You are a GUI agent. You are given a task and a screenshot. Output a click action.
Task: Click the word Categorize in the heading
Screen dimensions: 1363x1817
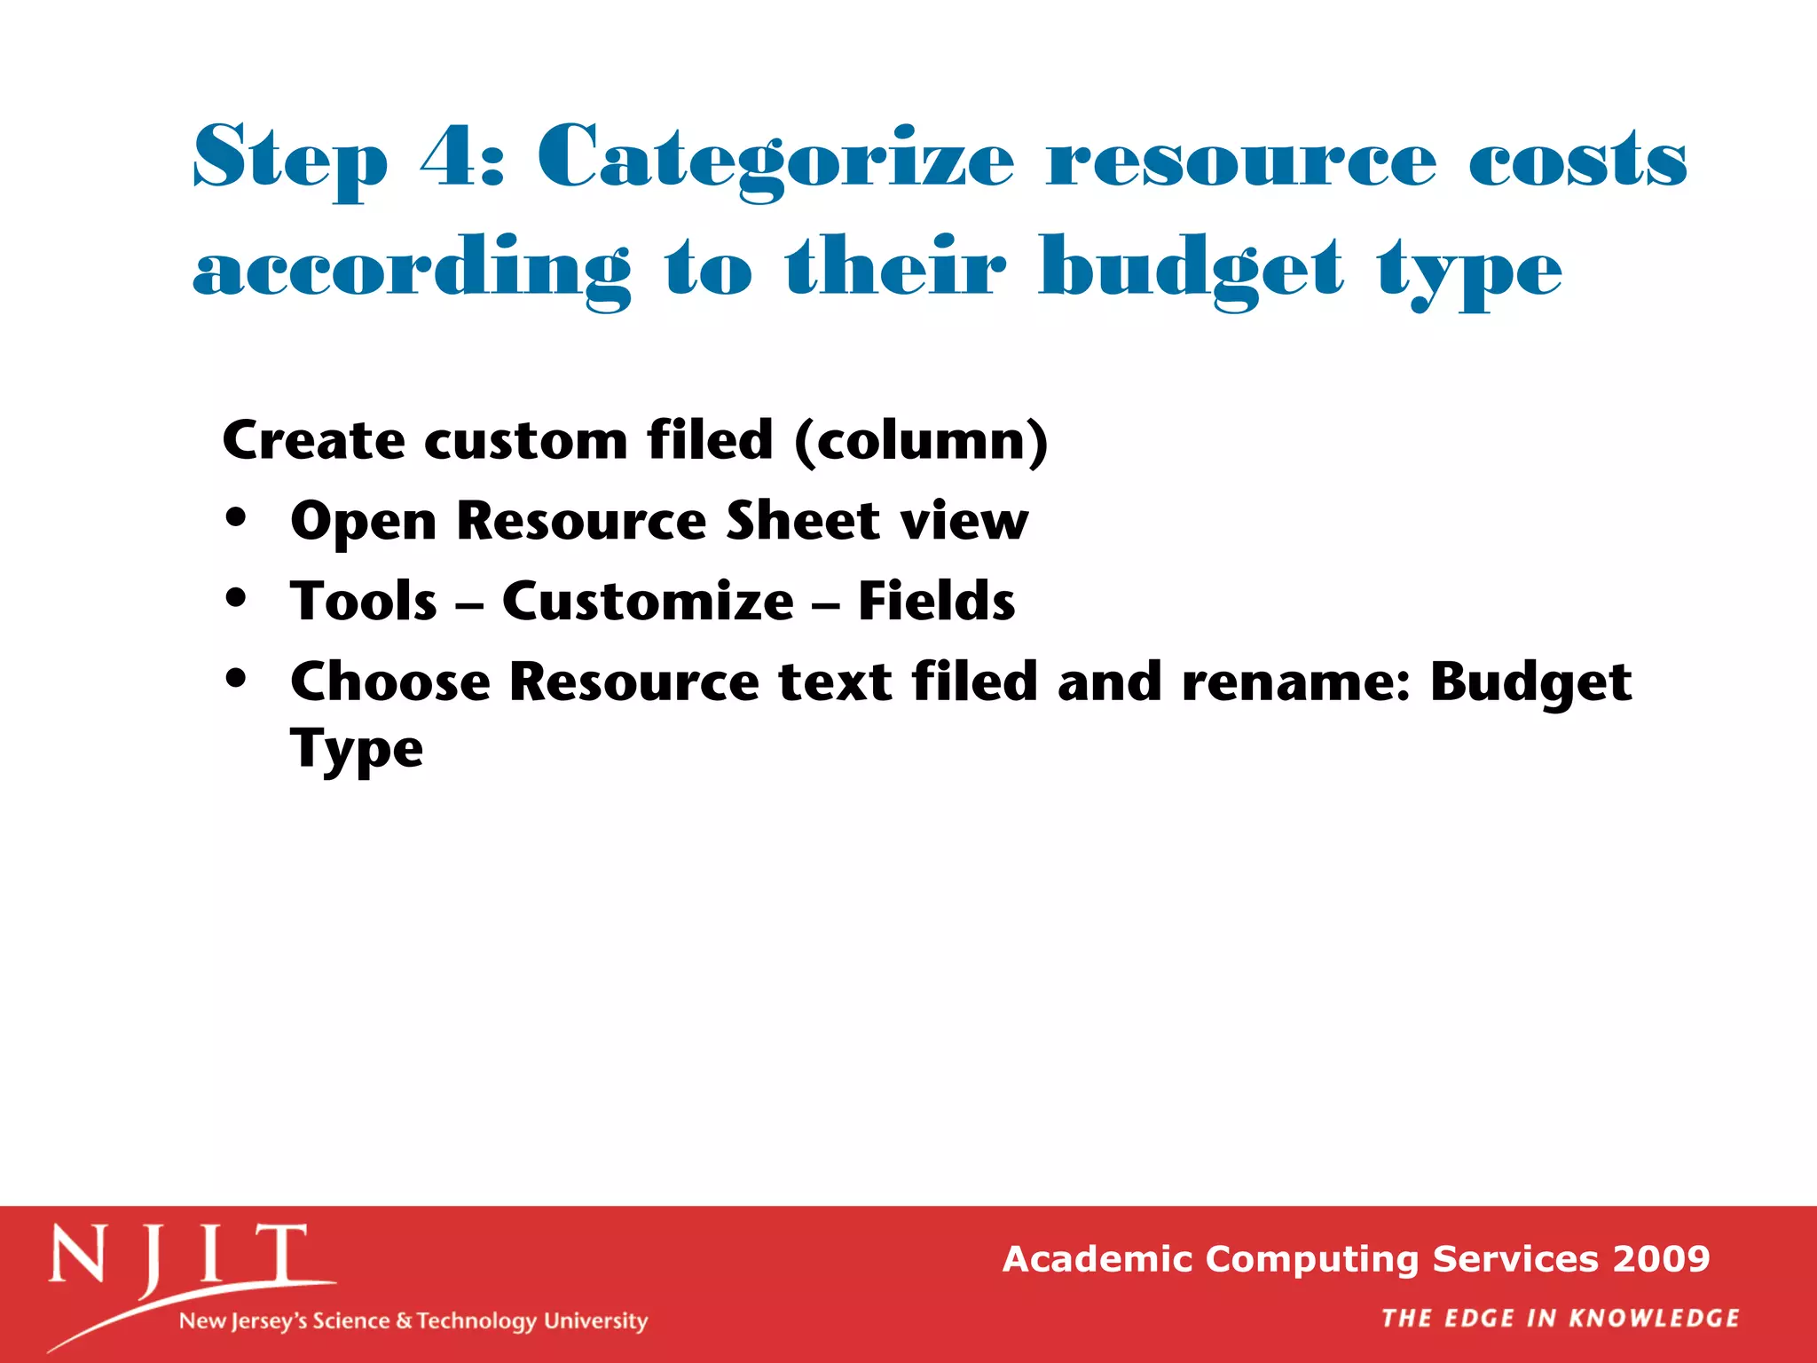click(775, 160)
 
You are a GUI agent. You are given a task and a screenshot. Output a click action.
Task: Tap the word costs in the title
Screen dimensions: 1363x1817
click(1577, 160)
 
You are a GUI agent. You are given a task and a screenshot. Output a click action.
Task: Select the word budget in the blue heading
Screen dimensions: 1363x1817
click(1191, 270)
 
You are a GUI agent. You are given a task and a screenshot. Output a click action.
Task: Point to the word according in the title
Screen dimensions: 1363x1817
click(412, 270)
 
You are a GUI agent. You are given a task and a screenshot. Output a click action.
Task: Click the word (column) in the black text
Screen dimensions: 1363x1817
click(921, 440)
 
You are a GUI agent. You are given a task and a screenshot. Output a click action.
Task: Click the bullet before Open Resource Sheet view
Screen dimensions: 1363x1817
click(235, 518)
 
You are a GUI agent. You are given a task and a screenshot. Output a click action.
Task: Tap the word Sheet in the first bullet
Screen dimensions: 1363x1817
click(802, 520)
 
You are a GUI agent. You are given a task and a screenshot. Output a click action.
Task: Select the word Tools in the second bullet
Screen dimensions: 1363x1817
click(364, 601)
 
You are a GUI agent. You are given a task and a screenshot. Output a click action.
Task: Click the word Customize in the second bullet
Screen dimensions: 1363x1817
click(648, 601)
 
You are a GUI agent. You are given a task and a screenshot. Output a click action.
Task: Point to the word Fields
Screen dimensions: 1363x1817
click(936, 601)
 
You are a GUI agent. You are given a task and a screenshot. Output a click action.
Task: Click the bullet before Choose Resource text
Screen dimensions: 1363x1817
click(235, 679)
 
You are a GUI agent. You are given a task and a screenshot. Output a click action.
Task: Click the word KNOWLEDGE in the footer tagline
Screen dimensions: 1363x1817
click(1654, 1318)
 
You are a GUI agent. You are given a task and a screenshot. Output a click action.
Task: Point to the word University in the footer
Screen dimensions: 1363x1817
click(595, 1321)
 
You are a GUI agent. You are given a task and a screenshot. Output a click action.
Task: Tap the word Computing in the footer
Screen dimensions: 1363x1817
click(1311, 1258)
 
